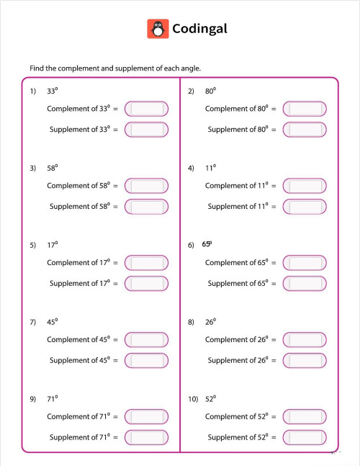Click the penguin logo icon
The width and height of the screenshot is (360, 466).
pyautogui.click(x=158, y=29)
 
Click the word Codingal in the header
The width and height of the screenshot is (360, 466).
pyautogui.click(x=199, y=29)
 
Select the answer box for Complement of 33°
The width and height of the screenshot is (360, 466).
pyautogui.click(x=146, y=109)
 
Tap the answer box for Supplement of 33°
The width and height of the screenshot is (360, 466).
pyautogui.click(x=146, y=130)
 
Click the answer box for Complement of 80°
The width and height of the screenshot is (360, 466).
pyautogui.click(x=305, y=109)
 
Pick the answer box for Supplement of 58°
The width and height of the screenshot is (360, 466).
pyautogui.click(x=146, y=207)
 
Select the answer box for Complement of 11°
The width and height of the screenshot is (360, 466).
pyautogui.click(x=305, y=186)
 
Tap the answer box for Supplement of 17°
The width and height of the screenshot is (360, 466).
pyautogui.click(x=146, y=284)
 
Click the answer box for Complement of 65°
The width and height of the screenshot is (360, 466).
pyautogui.click(x=305, y=263)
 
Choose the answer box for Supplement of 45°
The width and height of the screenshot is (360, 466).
pyautogui.click(x=146, y=360)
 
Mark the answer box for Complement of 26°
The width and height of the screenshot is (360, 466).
pyautogui.click(x=305, y=339)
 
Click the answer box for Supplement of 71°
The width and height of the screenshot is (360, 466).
pyautogui.click(x=146, y=437)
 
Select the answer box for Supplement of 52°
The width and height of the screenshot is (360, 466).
pyautogui.click(x=305, y=437)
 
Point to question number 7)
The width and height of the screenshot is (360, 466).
pyautogui.click(x=33, y=323)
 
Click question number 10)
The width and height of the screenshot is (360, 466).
pyautogui.click(x=192, y=399)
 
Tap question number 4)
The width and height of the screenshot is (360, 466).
pyautogui.click(x=191, y=169)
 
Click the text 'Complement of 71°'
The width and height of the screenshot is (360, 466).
pyautogui.click(x=78, y=416)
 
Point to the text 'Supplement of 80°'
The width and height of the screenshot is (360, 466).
pyautogui.click(x=238, y=130)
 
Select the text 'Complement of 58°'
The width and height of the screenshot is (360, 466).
pyautogui.click(x=78, y=186)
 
